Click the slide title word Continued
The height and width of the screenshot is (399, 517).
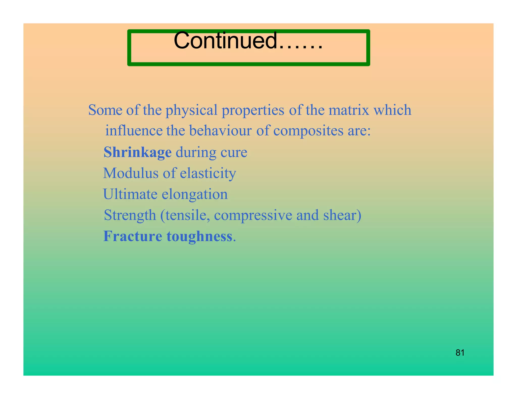(225, 41)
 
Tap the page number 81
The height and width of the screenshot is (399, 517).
(460, 353)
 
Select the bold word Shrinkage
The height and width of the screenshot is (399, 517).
(138, 152)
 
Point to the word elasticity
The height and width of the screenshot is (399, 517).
(208, 174)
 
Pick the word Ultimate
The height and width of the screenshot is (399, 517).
(130, 194)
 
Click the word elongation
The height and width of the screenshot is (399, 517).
(195, 195)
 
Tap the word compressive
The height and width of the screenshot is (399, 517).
(253, 215)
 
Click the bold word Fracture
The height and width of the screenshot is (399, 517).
(133, 236)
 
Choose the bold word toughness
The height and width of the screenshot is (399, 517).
(199, 237)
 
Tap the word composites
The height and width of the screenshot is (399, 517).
(308, 131)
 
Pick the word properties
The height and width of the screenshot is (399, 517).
(253, 110)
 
